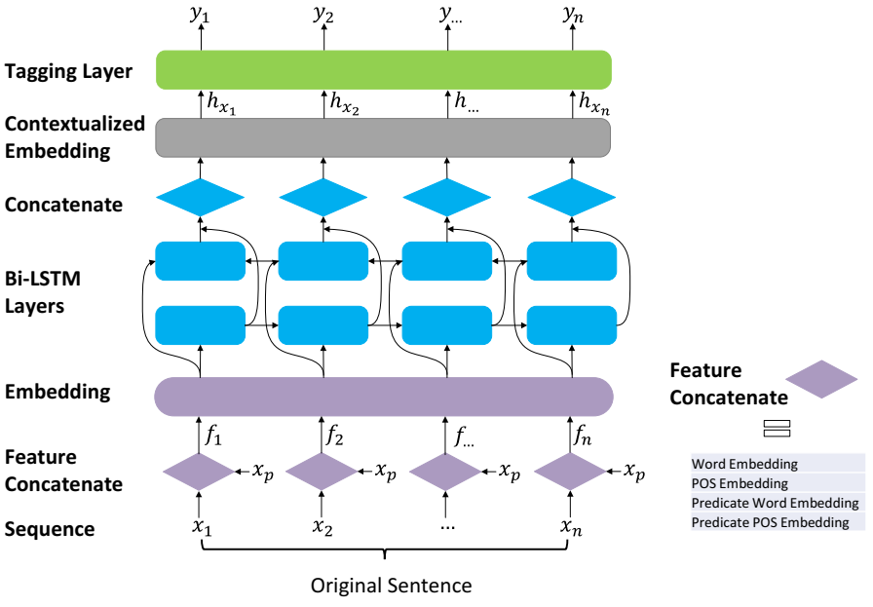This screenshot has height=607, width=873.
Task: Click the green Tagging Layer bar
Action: tap(384, 70)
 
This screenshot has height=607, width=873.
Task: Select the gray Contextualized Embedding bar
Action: tap(383, 137)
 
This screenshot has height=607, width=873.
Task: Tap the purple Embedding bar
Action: tap(384, 397)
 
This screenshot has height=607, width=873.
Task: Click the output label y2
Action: tap(323, 15)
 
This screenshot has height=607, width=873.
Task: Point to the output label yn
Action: tap(573, 15)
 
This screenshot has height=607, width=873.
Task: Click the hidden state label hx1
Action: tap(221, 103)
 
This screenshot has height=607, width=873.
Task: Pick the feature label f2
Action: tap(334, 435)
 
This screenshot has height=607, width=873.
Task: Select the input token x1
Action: tap(202, 527)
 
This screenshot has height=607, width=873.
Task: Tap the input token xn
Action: tap(571, 527)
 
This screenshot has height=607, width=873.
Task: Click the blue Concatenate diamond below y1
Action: tap(201, 197)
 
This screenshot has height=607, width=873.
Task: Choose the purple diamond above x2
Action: tap(322, 472)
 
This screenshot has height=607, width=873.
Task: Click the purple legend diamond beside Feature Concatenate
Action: tap(821, 379)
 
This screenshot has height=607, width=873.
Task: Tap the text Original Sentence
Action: tap(391, 586)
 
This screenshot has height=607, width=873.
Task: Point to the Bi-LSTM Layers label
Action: tap(42, 291)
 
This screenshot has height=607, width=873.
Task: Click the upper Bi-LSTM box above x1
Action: tap(201, 261)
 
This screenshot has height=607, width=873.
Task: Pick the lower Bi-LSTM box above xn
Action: tap(572, 325)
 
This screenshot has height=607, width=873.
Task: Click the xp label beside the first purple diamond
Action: tap(263, 472)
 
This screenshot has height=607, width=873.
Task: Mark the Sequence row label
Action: tap(50, 529)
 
